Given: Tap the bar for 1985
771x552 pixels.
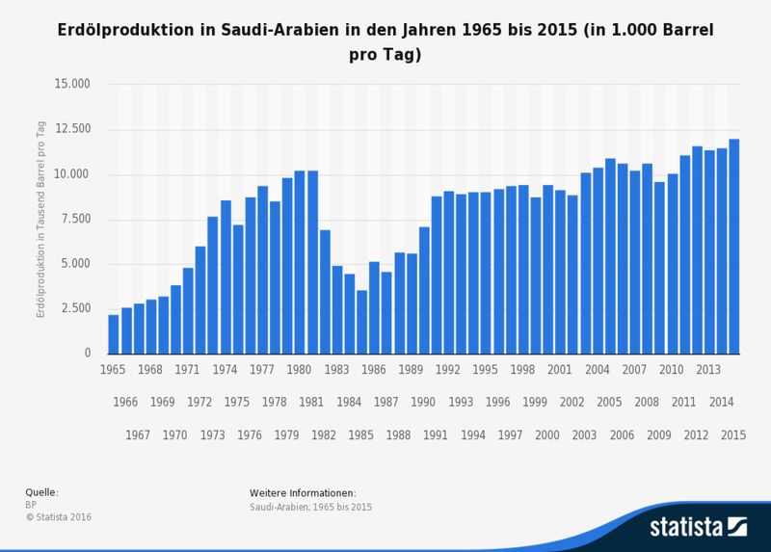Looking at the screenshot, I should pos(361,322).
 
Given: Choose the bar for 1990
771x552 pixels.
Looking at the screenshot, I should pos(424,290).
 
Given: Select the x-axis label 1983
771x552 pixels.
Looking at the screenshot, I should pos(337,370).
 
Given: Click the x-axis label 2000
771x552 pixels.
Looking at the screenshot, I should pos(547,435).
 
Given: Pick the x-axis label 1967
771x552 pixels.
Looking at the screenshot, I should pos(138,435).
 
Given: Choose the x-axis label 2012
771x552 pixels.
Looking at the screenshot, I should pos(697,435).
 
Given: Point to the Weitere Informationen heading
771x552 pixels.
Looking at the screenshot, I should pos(302,492).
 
